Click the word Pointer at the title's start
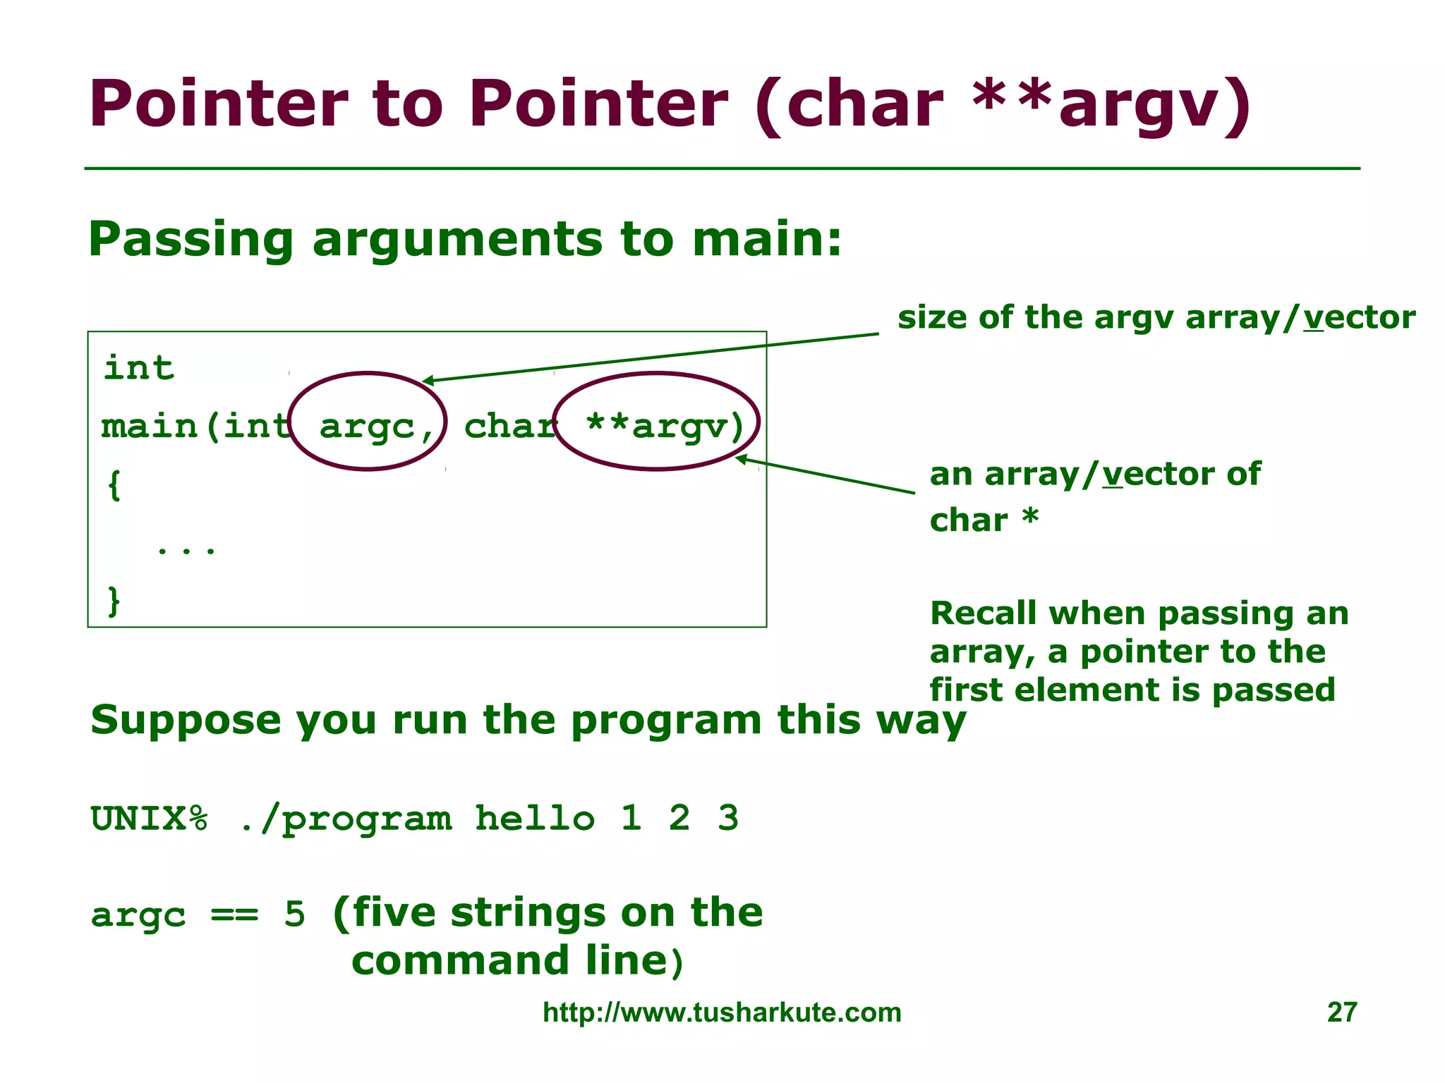[218, 104]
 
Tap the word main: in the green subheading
[766, 240]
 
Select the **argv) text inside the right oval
[665, 426]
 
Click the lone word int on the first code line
[139, 367]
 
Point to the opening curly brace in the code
[114, 485]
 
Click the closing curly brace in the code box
[114, 601]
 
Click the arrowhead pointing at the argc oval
[428, 381]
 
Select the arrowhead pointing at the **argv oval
[740, 460]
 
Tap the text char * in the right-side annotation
[984, 520]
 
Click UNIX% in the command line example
[150, 819]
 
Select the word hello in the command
[535, 819]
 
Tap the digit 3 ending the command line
[727, 819]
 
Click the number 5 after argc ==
[294, 914]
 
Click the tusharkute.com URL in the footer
[722, 1012]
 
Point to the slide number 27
[1341, 1012]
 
